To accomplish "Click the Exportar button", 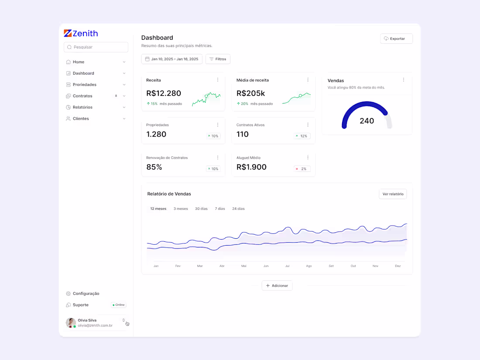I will click(396, 39).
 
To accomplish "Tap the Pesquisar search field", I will click(96, 47).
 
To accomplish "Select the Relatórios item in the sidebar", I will click(82, 107).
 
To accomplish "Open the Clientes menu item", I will click(81, 119).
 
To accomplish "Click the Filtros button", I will click(218, 59).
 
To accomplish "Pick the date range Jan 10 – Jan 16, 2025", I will click(172, 59).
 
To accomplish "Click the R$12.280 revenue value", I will click(164, 93).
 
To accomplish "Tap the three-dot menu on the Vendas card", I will click(404, 80).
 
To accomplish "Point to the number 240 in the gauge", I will click(367, 121).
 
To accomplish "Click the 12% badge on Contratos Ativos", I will click(302, 136).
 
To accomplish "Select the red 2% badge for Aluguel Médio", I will click(302, 169).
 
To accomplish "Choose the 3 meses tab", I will click(181, 209).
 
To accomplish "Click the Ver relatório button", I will click(393, 194).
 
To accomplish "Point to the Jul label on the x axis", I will click(287, 266).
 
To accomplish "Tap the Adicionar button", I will click(277, 286).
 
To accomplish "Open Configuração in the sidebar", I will click(86, 294).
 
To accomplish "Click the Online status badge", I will click(118, 305).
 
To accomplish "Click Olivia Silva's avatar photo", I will click(71, 323).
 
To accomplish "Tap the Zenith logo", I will click(81, 34).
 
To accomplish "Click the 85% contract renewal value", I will click(154, 167).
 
